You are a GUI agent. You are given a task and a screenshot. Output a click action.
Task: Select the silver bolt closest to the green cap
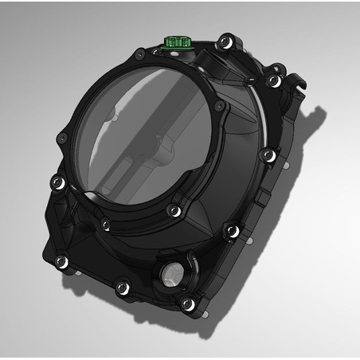tap(225, 37)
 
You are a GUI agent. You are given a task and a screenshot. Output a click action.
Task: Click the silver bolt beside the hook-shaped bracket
tap(274, 80)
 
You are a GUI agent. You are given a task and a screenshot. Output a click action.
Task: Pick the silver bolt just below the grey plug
tap(188, 304)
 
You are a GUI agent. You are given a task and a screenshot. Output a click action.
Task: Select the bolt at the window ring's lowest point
tap(172, 210)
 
